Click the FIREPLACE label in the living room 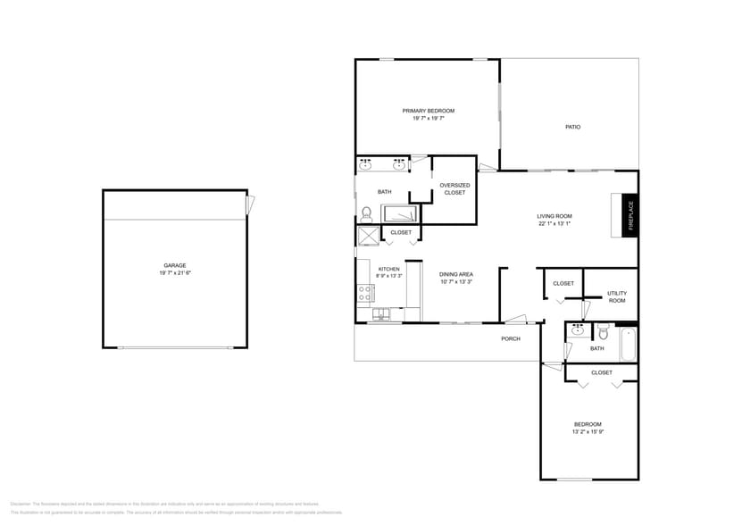point(629,216)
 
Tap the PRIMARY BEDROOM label point(428,111)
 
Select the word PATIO point(572,127)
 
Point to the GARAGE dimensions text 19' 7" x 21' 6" point(175,272)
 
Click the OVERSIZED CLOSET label point(454,188)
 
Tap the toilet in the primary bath point(365,212)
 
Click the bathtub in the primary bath point(399,213)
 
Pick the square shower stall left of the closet point(368,235)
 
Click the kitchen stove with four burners point(365,292)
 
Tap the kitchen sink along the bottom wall point(381,314)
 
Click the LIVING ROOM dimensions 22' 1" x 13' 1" point(554,224)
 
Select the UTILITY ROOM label point(616,296)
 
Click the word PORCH point(510,338)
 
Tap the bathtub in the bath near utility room point(628,344)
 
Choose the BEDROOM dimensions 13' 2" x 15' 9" point(587,432)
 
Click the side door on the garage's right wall point(251,204)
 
